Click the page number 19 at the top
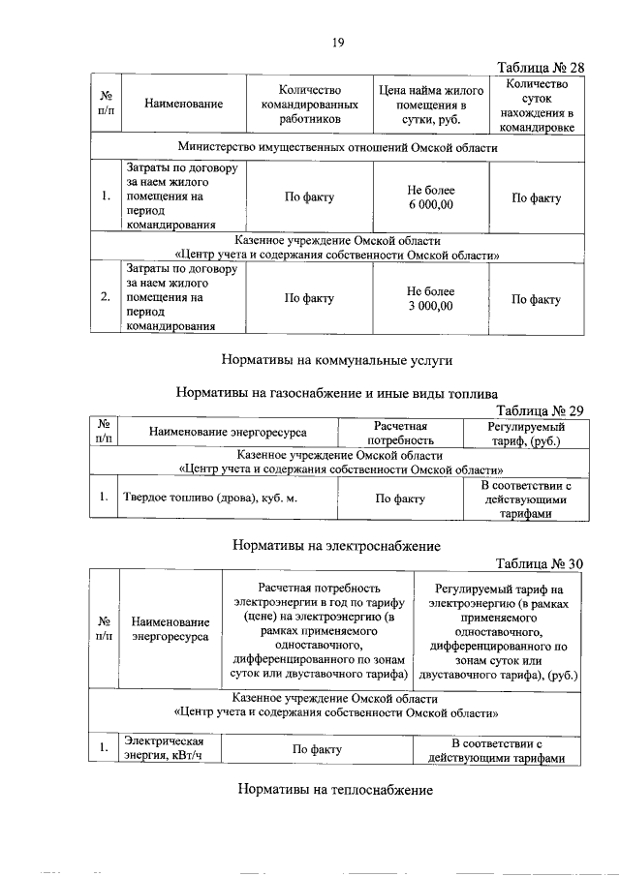[338, 42]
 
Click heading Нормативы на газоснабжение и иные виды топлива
[337, 393]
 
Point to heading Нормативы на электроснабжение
[337, 546]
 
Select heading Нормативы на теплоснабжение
[334, 789]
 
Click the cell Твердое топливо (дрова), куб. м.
[208, 499]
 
